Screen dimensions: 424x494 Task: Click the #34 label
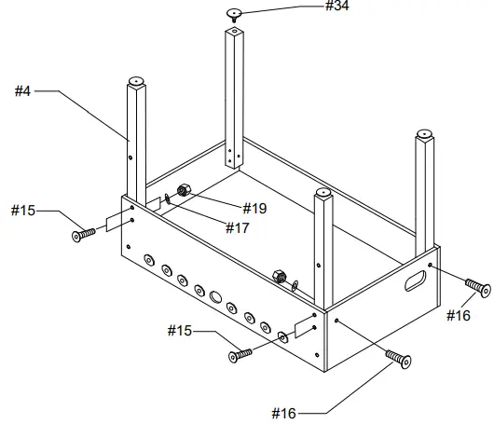(x=337, y=7)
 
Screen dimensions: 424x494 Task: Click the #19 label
(x=254, y=209)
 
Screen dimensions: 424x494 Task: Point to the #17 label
(x=236, y=226)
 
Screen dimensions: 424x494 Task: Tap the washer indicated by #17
(x=166, y=197)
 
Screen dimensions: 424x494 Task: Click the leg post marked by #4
(x=136, y=140)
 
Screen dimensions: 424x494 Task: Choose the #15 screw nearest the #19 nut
(x=83, y=233)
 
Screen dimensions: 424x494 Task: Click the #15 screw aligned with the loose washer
(x=240, y=354)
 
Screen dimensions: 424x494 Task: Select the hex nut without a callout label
(x=278, y=275)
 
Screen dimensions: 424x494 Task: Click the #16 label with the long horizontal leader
(x=286, y=412)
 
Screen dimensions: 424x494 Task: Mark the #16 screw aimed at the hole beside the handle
(x=477, y=286)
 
